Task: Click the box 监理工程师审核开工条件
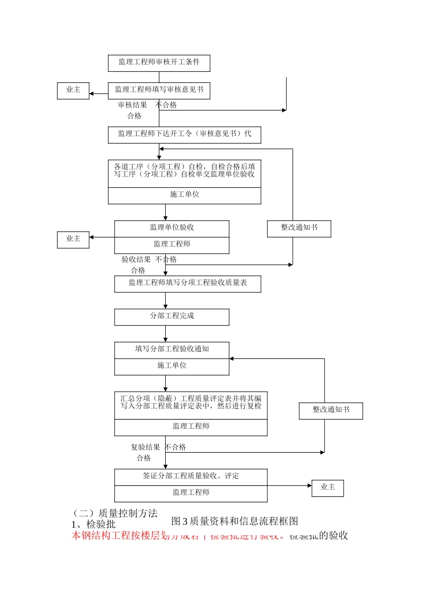(159, 63)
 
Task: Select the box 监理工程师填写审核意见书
(159, 90)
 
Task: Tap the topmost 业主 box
(73, 90)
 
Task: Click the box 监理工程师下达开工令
(184, 134)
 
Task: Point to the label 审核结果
(132, 105)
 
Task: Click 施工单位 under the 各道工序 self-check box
(184, 195)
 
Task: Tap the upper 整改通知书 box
(299, 228)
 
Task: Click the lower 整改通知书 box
(331, 410)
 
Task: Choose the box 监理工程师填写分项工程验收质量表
(187, 283)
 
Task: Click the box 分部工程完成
(172, 316)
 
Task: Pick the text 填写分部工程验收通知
(172, 349)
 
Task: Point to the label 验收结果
(136, 260)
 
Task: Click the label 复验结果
(145, 447)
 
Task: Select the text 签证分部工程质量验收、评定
(191, 476)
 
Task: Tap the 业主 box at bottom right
(327, 487)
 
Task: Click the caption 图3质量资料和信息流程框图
(234, 521)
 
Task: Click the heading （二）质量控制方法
(115, 514)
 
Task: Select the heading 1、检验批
(93, 525)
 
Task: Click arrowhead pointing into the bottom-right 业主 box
(310, 486)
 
